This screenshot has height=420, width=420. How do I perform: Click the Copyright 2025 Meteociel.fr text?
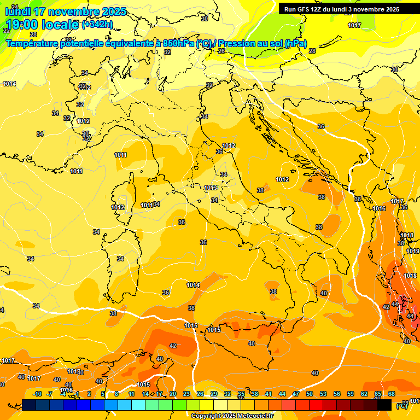[x=232, y=416]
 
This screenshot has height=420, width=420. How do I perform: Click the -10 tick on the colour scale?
[x=37, y=394]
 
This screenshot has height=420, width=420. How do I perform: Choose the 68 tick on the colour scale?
[x=392, y=394]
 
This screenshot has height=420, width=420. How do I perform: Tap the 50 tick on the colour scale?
[x=310, y=394]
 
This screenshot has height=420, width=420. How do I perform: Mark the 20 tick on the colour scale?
[x=173, y=394]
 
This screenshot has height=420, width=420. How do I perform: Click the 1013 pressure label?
[x=211, y=188]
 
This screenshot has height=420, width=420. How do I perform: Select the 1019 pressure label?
[x=413, y=251]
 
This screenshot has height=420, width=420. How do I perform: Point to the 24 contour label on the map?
[x=15, y=7]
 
